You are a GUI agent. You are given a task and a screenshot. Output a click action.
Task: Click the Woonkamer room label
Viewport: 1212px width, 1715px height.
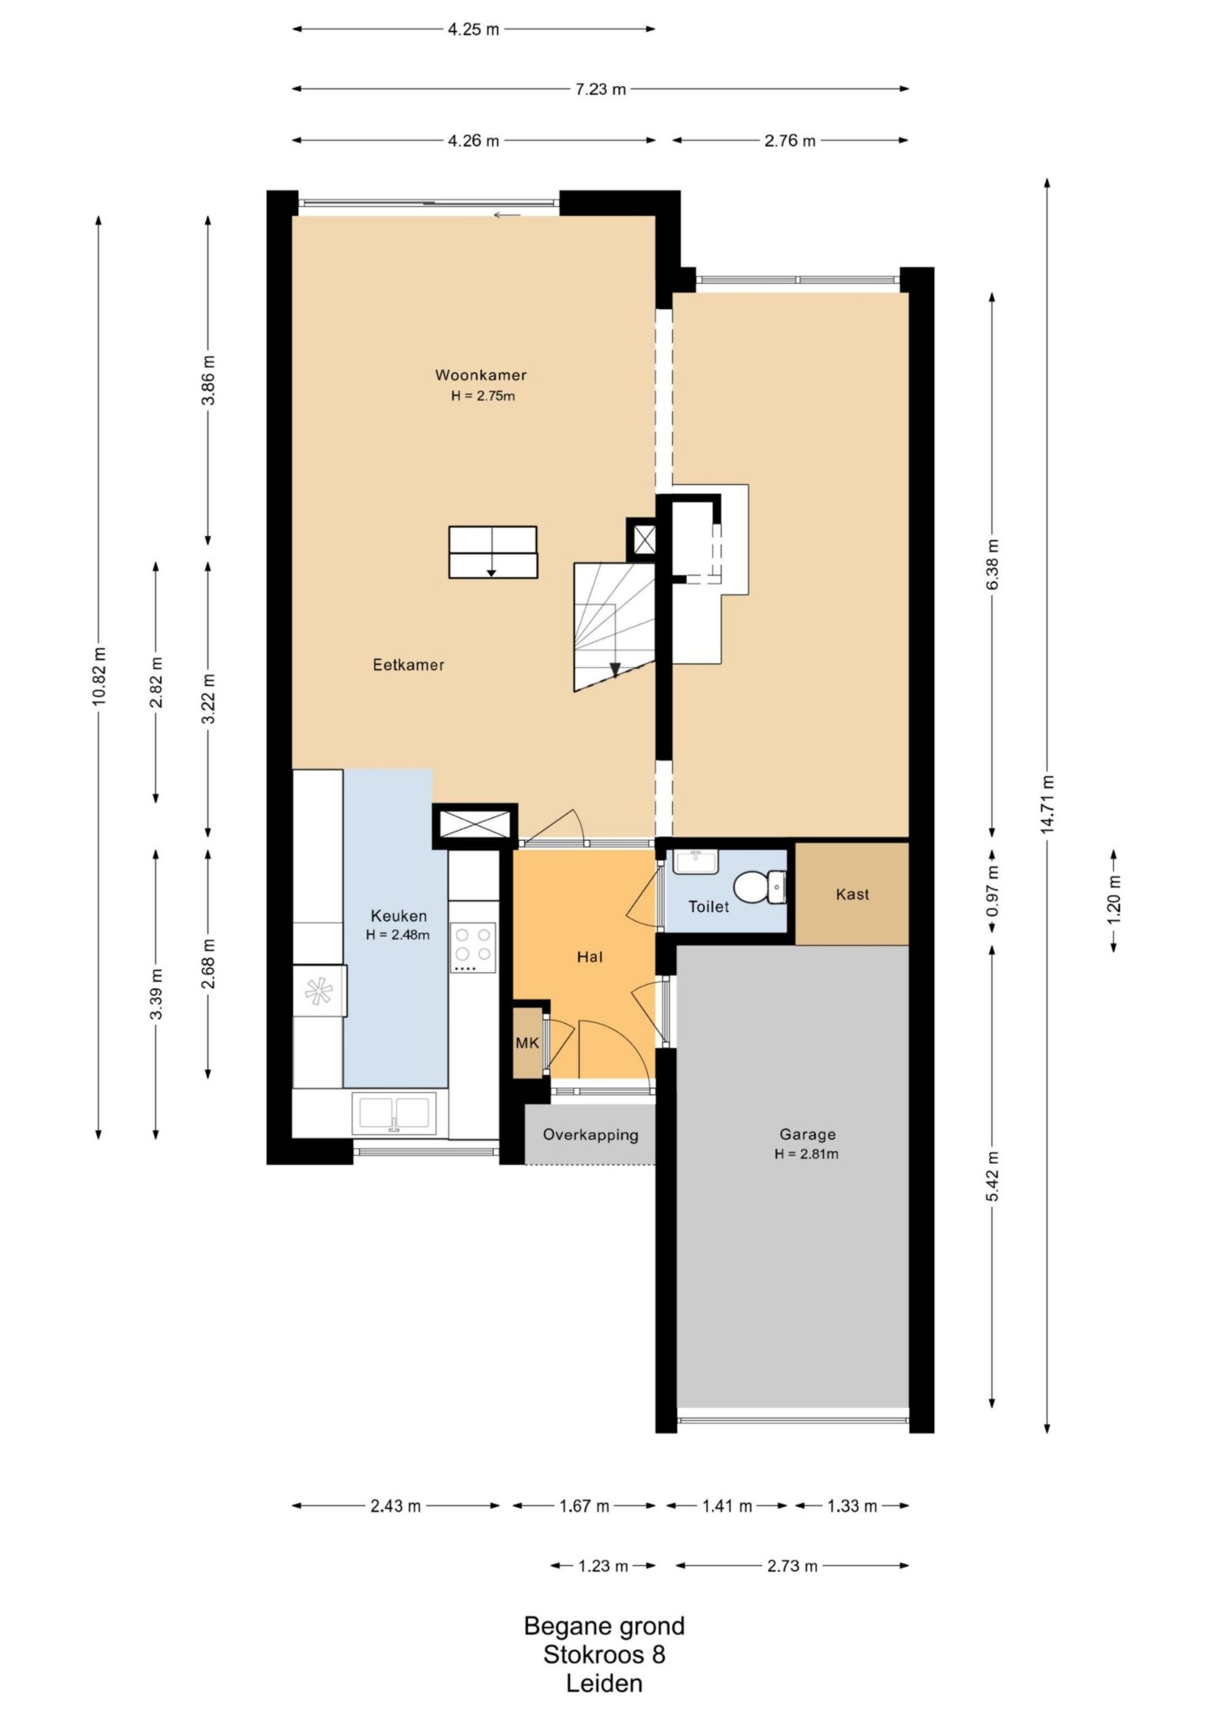480,375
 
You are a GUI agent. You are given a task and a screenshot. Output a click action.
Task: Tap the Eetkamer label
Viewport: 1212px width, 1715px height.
408,665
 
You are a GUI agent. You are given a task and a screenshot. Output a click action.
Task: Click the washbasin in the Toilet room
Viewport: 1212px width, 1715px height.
695,862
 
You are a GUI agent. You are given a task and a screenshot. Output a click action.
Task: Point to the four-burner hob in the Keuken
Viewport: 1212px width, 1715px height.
473,947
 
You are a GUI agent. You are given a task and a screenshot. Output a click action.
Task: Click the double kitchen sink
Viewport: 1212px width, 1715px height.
395,1114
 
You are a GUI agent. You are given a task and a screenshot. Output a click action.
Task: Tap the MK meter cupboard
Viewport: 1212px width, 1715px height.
527,1043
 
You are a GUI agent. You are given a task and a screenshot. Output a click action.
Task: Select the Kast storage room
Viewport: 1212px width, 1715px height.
852,894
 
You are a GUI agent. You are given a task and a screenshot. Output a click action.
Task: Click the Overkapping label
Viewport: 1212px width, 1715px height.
590,1136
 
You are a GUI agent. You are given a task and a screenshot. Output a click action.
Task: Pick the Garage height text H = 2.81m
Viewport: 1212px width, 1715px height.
807,1154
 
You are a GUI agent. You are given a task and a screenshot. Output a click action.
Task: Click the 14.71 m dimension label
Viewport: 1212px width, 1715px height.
1048,804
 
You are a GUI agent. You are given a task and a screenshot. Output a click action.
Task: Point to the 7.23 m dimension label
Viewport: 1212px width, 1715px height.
601,89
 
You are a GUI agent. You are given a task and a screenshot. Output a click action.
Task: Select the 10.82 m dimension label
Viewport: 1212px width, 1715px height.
99,677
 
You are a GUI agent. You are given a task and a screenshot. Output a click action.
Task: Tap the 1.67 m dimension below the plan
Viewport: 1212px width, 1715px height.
584,1506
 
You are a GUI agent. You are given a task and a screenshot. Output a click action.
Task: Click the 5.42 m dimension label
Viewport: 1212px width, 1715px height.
993,1177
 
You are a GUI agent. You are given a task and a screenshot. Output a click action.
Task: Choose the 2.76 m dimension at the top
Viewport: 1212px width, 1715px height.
789,141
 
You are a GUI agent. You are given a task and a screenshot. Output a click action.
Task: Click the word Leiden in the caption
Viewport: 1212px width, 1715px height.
604,1684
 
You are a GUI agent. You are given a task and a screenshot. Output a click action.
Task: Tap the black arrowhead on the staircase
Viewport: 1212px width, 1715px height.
615,669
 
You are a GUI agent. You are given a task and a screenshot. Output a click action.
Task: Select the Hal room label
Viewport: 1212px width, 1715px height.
590,957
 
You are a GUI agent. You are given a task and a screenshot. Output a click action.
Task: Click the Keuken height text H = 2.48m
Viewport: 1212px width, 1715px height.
398,935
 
